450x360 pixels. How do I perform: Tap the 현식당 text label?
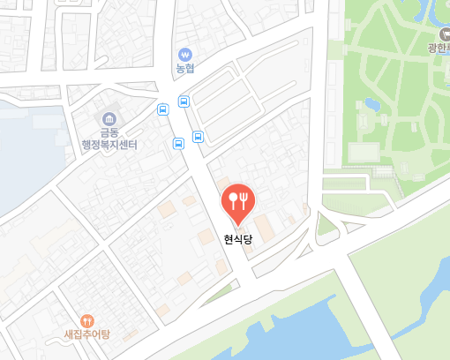[237, 237]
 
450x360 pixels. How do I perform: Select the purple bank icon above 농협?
[184, 53]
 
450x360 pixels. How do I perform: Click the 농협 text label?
[184, 68]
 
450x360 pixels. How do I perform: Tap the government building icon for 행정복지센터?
[109, 118]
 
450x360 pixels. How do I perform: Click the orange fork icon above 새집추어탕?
[86, 321]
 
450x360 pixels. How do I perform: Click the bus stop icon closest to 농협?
[184, 101]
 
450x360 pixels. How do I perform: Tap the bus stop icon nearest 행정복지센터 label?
[162, 109]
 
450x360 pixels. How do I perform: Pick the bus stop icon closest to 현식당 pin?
[199, 137]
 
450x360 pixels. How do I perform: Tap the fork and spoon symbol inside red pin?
[237, 198]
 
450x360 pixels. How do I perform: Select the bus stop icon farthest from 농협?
[178, 142]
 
